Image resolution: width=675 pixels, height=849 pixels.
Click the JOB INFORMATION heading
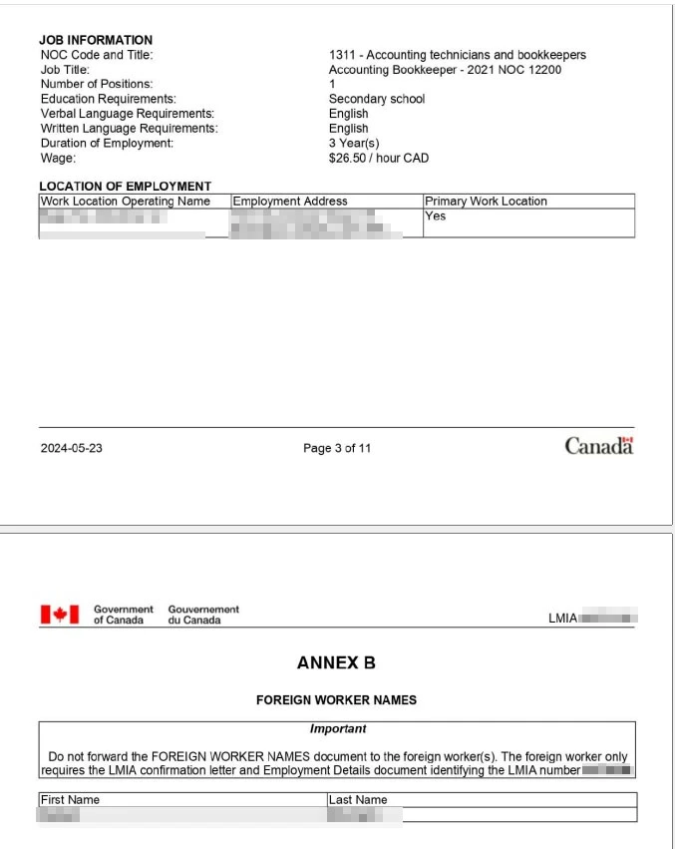(96, 40)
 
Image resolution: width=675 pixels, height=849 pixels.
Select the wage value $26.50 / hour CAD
(378, 158)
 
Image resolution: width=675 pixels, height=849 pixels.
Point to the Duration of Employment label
(107, 143)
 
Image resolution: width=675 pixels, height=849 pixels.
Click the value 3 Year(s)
(354, 143)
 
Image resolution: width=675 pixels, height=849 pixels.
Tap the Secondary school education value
(376, 99)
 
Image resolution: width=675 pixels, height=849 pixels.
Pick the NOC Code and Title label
(97, 55)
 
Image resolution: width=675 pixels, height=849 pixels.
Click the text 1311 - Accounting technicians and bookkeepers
(457, 55)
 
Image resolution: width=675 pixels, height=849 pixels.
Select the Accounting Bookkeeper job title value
(445, 70)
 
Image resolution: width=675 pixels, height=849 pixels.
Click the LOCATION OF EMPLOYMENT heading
(125, 186)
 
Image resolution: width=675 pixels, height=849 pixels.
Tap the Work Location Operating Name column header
(126, 201)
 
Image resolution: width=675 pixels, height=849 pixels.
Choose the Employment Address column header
(290, 201)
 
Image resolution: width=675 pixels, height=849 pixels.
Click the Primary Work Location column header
(486, 201)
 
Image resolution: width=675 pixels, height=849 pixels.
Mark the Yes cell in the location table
(435, 215)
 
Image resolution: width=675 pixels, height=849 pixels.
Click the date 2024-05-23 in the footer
(71, 448)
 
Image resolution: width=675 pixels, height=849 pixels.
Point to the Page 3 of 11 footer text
(337, 448)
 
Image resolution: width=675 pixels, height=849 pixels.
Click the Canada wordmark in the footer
(598, 446)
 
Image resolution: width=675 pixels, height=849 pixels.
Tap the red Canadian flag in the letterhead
(59, 615)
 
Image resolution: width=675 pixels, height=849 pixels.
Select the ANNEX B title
(336, 663)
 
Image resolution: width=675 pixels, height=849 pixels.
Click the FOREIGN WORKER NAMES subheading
(336, 700)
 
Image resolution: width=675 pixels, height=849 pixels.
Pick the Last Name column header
(358, 799)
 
